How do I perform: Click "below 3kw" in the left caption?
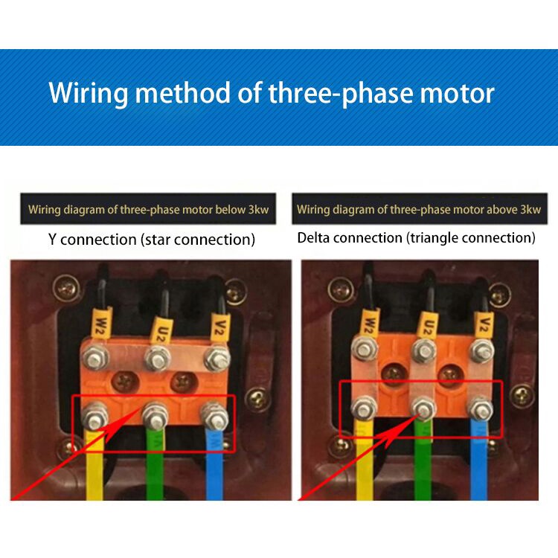[x=242, y=210]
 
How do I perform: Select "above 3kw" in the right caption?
[x=513, y=210]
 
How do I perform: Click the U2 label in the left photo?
[x=158, y=327]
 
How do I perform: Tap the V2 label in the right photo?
[x=485, y=321]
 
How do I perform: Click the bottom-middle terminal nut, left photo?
[x=155, y=409]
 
